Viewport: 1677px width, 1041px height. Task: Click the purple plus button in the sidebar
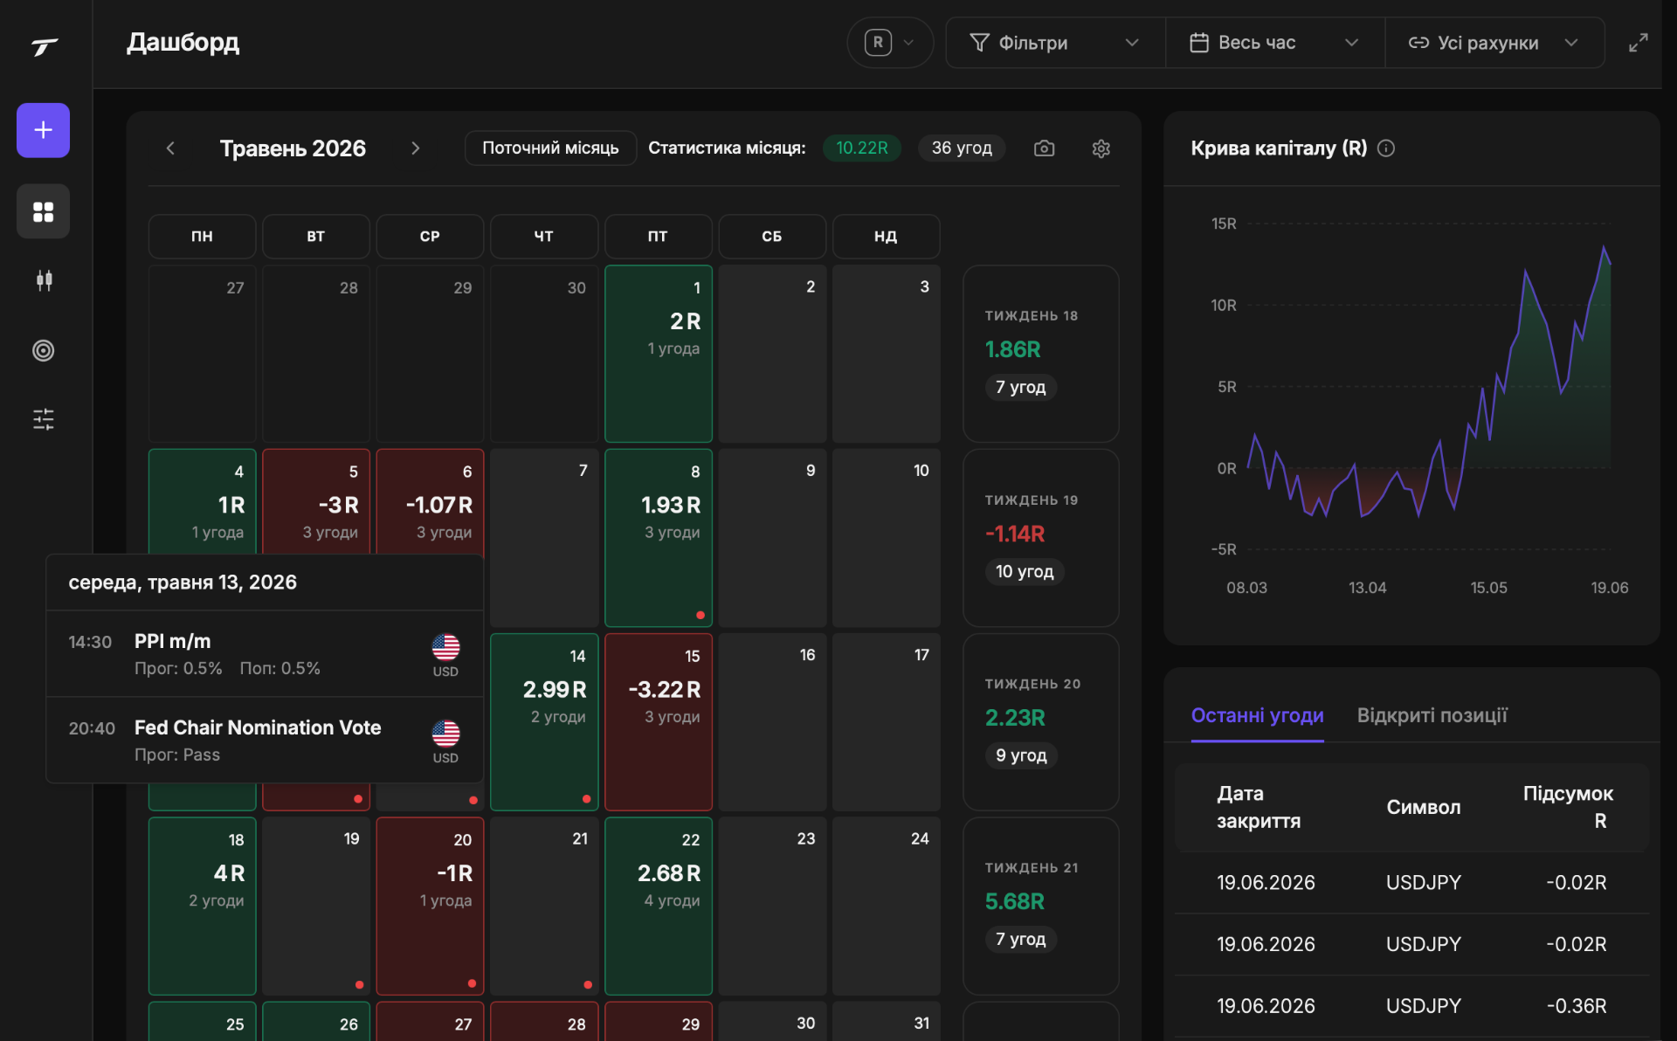(43, 130)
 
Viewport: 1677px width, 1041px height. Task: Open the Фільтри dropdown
(1055, 43)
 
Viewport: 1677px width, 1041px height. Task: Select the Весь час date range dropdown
(1274, 43)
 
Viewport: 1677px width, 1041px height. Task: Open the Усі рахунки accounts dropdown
(1494, 43)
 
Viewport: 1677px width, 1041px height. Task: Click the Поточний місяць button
(550, 148)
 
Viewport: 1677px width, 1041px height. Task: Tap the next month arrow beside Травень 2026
(416, 148)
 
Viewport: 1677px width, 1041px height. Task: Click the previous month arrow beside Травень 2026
(170, 148)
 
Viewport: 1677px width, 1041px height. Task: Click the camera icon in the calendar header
(1044, 148)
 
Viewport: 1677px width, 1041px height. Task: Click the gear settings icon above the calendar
(1101, 148)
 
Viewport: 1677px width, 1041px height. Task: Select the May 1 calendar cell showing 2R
(659, 354)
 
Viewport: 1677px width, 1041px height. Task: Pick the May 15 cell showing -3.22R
(659, 722)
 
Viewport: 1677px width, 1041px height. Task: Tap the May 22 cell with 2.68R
(659, 907)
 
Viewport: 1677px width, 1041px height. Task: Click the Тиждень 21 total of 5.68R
(1015, 901)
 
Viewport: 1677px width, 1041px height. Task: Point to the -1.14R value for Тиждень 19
(1015, 534)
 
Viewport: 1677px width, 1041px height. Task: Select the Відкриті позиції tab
(1432, 715)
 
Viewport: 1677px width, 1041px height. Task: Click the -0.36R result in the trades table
(1576, 1006)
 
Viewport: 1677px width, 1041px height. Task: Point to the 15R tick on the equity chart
(1224, 224)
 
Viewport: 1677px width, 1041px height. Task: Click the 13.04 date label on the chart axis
(1367, 588)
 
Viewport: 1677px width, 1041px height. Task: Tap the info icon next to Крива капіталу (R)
(1386, 148)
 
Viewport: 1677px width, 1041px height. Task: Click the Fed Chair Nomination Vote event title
(258, 727)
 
